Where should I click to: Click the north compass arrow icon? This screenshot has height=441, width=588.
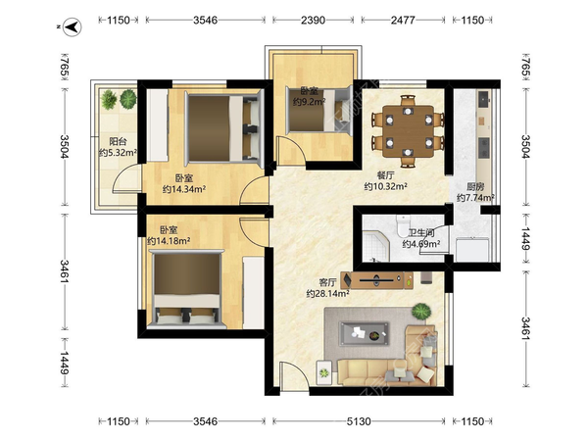click(73, 27)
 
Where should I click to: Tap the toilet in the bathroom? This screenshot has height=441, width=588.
click(403, 224)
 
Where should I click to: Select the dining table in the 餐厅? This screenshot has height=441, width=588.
click(408, 131)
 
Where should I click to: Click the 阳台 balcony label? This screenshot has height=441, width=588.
click(118, 141)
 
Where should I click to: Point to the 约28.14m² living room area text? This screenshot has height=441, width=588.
click(327, 294)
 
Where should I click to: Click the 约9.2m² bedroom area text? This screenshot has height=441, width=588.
click(309, 101)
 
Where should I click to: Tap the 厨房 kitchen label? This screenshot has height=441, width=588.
click(475, 186)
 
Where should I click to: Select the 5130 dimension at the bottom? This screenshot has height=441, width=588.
click(359, 421)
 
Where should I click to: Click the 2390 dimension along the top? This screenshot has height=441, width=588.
click(313, 20)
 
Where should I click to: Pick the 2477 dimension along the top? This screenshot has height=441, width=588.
click(403, 20)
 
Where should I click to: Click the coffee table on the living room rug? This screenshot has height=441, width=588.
click(364, 333)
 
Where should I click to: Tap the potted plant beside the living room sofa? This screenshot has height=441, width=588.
click(421, 312)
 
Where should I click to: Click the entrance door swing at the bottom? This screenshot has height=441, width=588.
click(293, 375)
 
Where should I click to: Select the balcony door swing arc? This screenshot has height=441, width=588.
click(125, 179)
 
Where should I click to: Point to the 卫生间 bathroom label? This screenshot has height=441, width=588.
click(420, 233)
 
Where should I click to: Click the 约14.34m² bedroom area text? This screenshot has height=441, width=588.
click(184, 189)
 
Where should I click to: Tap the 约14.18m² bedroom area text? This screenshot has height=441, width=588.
click(169, 241)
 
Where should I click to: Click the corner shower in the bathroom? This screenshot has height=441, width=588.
click(376, 246)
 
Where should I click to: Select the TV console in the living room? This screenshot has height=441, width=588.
click(377, 280)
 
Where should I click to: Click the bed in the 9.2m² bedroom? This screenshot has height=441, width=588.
click(318, 110)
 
